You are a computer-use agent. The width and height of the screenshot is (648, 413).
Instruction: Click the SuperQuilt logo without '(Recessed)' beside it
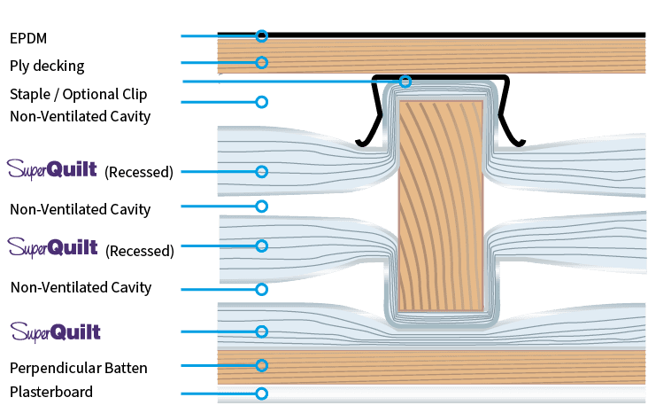(x=55, y=331)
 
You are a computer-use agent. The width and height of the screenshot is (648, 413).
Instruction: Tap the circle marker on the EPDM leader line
(x=261, y=36)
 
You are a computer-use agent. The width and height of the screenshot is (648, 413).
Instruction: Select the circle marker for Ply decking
(x=261, y=63)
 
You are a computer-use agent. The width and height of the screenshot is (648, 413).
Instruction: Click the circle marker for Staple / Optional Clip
(x=405, y=82)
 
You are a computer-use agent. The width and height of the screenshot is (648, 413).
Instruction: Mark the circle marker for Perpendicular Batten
(x=261, y=365)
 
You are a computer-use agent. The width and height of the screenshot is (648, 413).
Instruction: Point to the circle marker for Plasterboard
(x=261, y=394)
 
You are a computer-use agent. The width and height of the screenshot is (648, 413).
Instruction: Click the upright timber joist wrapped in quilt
(x=439, y=204)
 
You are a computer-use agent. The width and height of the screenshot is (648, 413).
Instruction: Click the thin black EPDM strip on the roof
(x=443, y=35)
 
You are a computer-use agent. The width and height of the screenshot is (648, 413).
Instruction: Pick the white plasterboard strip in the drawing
(x=443, y=394)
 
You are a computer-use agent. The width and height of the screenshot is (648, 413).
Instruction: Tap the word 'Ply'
(x=20, y=66)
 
